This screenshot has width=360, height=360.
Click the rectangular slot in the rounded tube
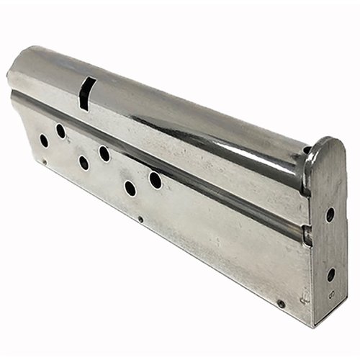pos(84,94)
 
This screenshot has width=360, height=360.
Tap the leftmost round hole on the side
pos(44,140)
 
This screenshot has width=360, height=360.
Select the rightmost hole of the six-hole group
pos(155,179)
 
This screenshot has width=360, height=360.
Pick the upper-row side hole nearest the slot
pos(60,131)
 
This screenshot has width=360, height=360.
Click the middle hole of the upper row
pos(104,153)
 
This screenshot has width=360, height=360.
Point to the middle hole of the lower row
pos(84,163)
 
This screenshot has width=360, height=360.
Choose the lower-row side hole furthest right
pos(130,188)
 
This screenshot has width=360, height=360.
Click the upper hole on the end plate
pos(330,215)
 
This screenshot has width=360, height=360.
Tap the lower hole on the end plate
pos(330,274)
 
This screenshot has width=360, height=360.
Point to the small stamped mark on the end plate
pos(328,294)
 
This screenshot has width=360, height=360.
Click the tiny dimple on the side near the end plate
pos(281,304)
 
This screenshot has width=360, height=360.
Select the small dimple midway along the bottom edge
pos(140,220)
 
